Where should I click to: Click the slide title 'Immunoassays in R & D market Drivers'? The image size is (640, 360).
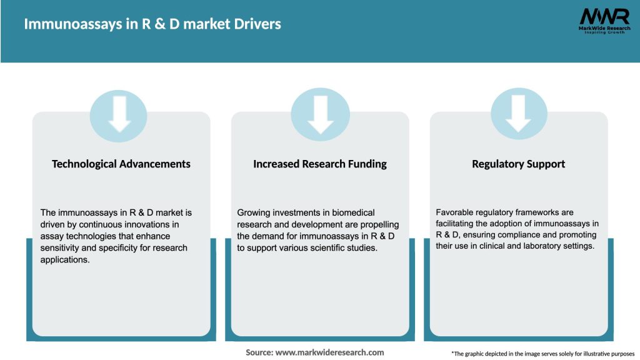pos(152,24)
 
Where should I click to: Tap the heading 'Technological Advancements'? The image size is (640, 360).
pos(121,164)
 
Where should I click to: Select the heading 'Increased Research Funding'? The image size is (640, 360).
pos(320,164)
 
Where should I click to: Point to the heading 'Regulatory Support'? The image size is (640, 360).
pos(518,164)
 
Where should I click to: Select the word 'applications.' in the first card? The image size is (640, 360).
pos(65,259)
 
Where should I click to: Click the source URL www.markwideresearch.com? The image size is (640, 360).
pos(330,352)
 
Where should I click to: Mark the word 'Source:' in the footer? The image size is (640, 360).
pos(259,352)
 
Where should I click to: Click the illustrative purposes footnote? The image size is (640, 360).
pos(542,354)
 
